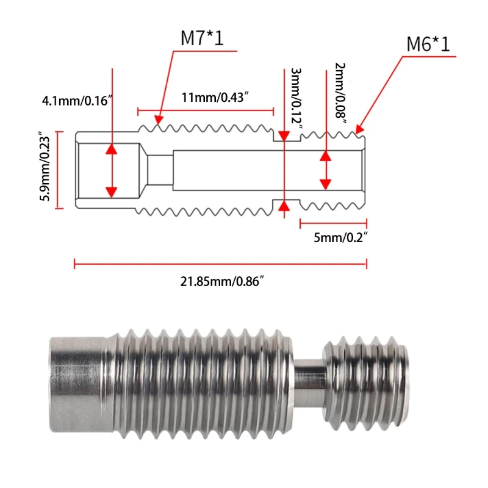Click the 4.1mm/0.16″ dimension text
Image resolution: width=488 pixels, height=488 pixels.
tap(75, 99)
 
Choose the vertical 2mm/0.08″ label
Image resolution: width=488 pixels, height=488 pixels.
tap(341, 91)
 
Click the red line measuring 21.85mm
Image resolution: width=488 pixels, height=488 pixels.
tap(220, 264)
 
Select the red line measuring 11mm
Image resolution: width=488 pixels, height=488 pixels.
tap(206, 111)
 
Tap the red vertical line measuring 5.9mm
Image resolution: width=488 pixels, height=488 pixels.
tap(59, 169)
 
